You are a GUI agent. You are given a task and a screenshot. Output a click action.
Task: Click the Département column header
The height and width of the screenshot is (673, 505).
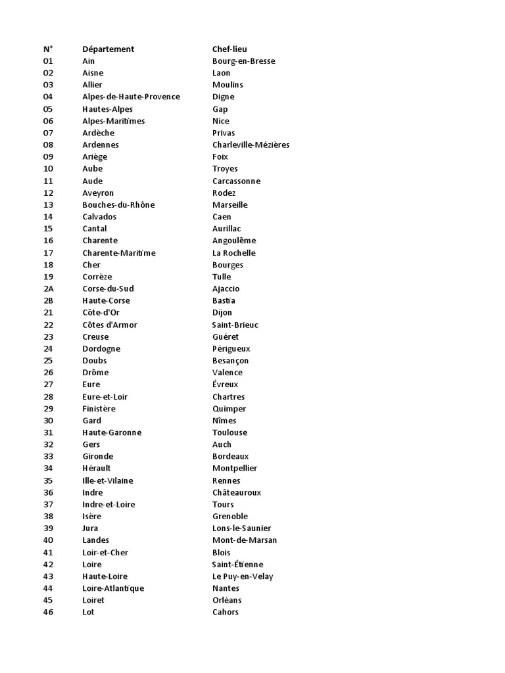(x=108, y=49)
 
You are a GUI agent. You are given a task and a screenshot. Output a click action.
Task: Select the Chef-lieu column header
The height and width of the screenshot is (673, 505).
(x=229, y=49)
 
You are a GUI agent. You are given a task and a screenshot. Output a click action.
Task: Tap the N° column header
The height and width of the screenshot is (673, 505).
(x=48, y=49)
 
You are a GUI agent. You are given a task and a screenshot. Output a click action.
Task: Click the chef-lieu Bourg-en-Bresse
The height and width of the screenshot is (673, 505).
(x=243, y=61)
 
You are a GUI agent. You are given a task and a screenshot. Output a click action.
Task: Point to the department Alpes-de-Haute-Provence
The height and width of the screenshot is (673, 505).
(x=131, y=97)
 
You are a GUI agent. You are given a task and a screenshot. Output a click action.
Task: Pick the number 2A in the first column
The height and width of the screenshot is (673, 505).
(x=48, y=289)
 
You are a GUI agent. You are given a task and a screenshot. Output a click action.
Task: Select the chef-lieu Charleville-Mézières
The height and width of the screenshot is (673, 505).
(x=251, y=145)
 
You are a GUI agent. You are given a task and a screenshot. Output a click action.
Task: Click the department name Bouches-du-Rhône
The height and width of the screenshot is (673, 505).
(x=118, y=205)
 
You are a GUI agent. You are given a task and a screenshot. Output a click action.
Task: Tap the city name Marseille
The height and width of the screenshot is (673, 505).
(x=230, y=205)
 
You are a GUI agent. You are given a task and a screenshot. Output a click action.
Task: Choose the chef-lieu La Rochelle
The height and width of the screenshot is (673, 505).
(x=233, y=253)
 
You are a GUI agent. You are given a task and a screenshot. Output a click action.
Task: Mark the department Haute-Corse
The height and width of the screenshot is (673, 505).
(x=106, y=301)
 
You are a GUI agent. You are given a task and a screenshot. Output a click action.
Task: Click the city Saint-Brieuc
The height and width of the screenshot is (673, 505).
(x=235, y=325)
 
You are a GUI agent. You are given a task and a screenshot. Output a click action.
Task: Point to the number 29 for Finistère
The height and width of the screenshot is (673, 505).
(x=48, y=409)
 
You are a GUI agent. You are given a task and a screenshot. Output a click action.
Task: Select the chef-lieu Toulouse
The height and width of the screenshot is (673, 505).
(x=229, y=432)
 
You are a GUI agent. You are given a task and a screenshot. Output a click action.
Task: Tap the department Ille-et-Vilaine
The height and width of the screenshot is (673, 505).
(x=107, y=480)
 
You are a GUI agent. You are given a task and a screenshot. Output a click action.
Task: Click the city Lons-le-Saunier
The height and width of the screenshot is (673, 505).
(x=241, y=528)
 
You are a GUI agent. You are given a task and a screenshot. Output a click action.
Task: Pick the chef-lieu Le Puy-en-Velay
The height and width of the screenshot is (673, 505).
(x=243, y=576)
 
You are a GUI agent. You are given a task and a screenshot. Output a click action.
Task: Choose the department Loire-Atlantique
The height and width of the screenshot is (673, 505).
(x=113, y=588)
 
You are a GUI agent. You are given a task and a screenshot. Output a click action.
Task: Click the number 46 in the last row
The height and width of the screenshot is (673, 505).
(x=48, y=613)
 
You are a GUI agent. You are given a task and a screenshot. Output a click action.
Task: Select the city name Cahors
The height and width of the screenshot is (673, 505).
(x=226, y=613)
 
